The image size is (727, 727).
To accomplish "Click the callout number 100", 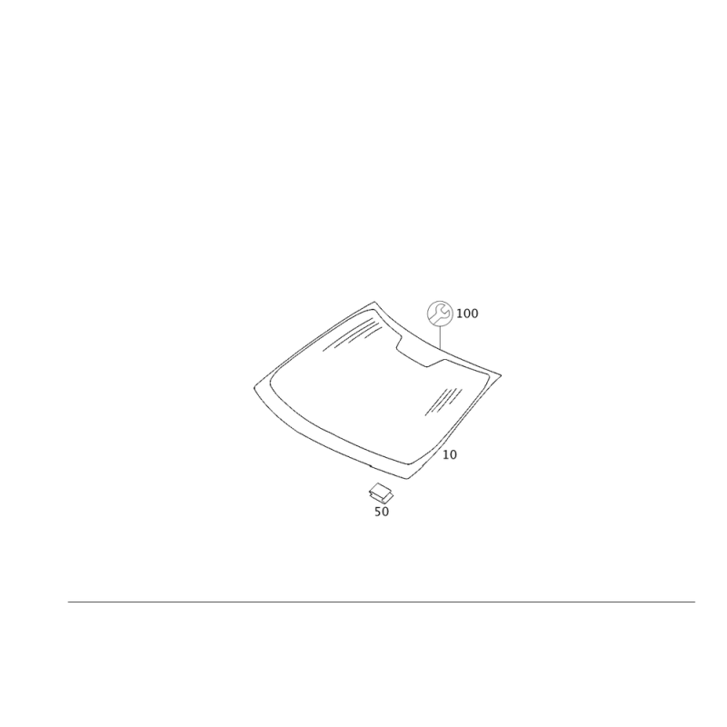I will (468, 314).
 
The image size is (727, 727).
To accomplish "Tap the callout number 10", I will (450, 453).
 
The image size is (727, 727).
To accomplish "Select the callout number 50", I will (382, 513).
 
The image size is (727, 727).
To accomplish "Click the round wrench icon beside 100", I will (441, 313).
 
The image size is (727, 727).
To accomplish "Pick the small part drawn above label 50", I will (380, 493).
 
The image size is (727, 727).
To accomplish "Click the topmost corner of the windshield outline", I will (373, 302).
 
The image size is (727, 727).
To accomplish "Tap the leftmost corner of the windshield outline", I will (254, 383).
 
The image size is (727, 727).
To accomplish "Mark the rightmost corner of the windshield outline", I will (503, 373).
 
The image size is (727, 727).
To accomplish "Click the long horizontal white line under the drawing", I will (382, 600).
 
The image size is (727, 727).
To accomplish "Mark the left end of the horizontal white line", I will (67, 600).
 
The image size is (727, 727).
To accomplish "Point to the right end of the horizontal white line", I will (696, 600).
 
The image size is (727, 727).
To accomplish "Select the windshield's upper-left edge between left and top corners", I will (314, 342).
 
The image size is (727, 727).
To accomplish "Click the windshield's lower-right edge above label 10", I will (459, 422).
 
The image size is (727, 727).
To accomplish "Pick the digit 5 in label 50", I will (377, 513).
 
